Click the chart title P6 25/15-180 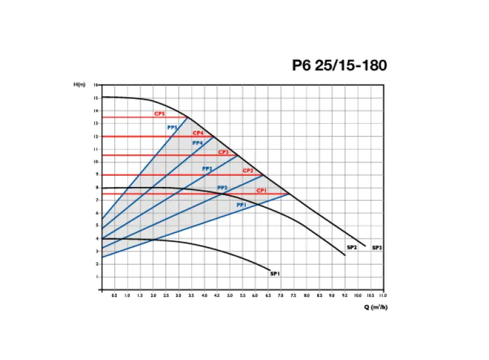click(339, 65)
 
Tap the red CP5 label click(159, 114)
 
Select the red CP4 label click(198, 133)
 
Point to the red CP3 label click(223, 152)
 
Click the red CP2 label click(248, 171)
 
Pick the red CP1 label click(261, 190)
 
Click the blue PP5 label click(172, 128)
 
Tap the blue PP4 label click(197, 143)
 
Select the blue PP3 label click(207, 169)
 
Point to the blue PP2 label click(222, 188)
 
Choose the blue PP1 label click(241, 205)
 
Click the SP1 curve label click(274, 273)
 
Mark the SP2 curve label click(352, 248)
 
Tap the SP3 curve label click(377, 248)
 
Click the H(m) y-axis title click(79, 84)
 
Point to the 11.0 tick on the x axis click(383, 295)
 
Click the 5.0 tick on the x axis click(229, 295)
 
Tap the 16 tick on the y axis click(95, 85)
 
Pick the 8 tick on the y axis click(96, 188)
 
